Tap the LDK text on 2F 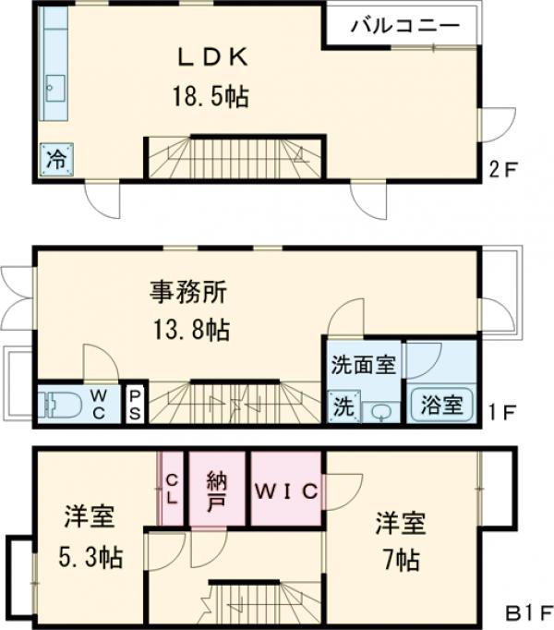tap(211, 58)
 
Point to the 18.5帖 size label tap(211, 95)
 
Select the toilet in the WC tap(60, 405)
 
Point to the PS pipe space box tap(135, 405)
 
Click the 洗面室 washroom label tap(363, 364)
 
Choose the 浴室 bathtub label tap(441, 405)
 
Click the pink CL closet tap(173, 488)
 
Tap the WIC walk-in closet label tap(285, 489)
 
